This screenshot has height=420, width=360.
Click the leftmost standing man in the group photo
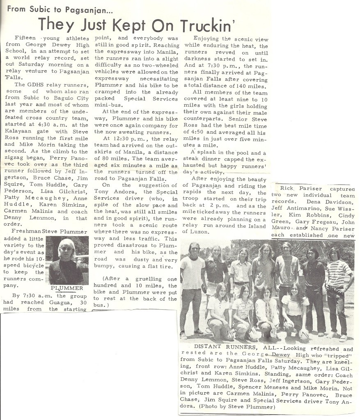pyautogui.click(x=193, y=287)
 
